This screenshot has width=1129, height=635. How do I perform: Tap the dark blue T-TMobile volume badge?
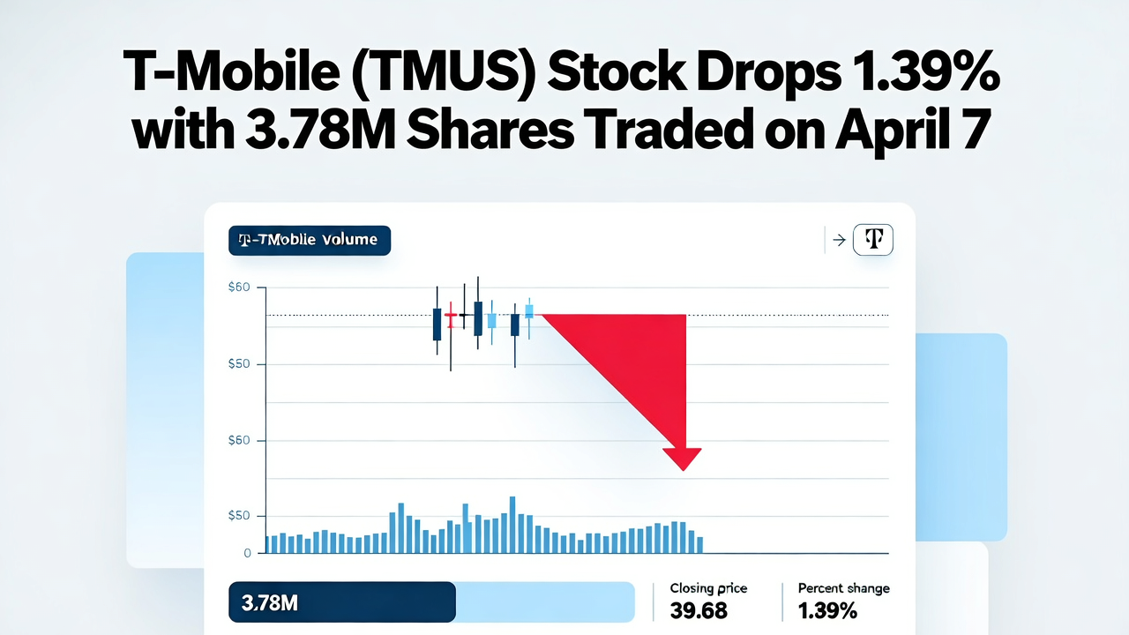coord(309,240)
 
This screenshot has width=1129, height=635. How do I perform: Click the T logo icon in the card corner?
coord(873,240)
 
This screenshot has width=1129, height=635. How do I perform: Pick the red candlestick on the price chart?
coord(451,315)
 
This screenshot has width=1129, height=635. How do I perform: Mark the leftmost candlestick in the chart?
coord(437,323)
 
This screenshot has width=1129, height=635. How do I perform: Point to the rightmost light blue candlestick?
coord(529,311)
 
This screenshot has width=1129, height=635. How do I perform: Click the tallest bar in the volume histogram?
coord(512,525)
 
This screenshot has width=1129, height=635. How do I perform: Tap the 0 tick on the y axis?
coord(248,553)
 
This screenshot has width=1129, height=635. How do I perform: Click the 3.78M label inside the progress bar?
coord(269,603)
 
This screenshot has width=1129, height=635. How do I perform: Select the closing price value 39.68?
coord(699,610)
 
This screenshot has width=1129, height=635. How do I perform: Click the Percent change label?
coord(843,588)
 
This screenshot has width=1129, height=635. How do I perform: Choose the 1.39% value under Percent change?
coord(827,610)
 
